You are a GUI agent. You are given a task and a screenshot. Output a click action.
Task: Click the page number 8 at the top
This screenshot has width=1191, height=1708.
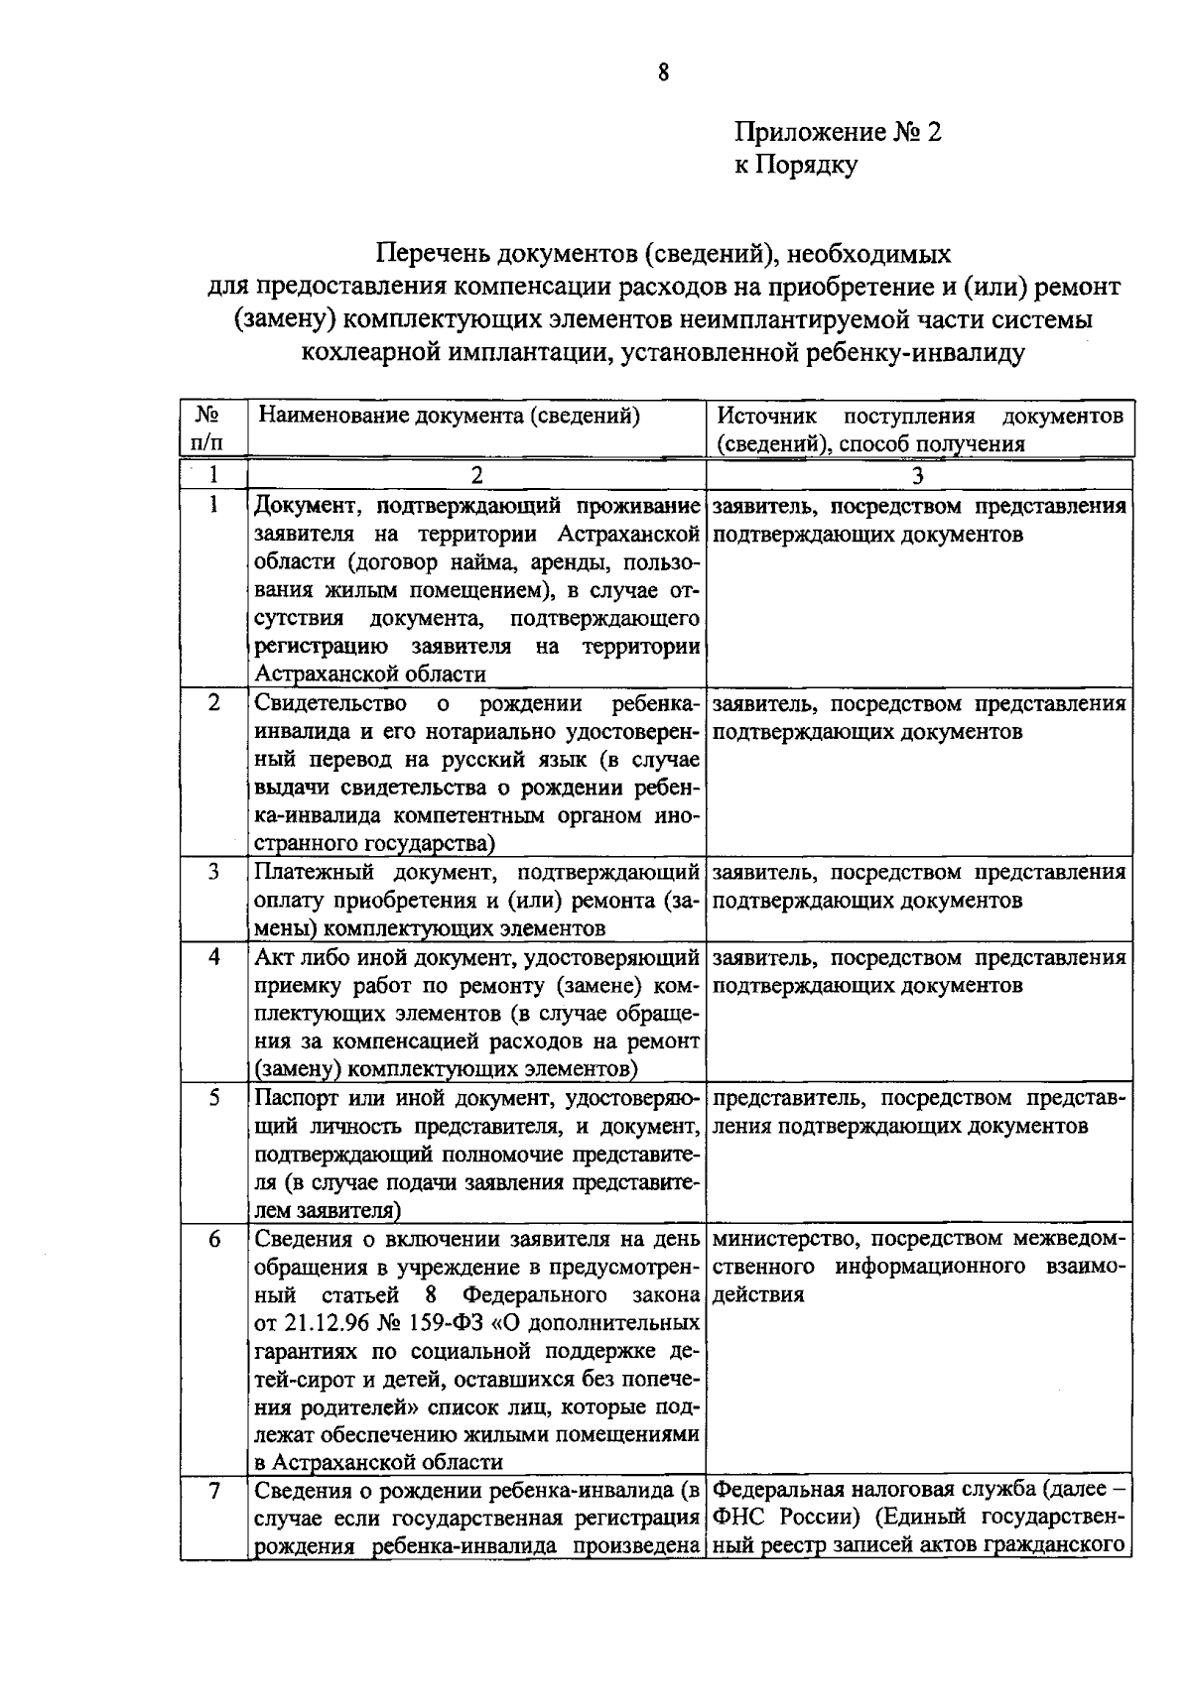tap(663, 72)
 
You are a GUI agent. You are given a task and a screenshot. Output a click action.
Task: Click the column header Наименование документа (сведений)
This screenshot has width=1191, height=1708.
tap(449, 416)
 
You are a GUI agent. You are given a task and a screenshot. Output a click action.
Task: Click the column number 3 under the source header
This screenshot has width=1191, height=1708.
tap(918, 475)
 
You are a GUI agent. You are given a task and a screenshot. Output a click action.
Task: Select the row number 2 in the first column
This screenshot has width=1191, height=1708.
tap(213, 703)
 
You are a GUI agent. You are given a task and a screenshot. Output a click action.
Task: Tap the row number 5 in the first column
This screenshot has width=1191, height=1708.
tap(213, 1098)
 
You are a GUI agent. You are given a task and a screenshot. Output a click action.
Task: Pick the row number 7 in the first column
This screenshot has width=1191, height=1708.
tap(213, 1491)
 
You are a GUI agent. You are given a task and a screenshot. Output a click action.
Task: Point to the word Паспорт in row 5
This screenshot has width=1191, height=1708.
tap(296, 1098)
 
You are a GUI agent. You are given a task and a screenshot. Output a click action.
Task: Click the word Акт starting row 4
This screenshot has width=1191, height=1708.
tap(274, 958)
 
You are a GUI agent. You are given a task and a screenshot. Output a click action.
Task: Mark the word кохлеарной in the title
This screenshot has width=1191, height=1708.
tap(366, 352)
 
